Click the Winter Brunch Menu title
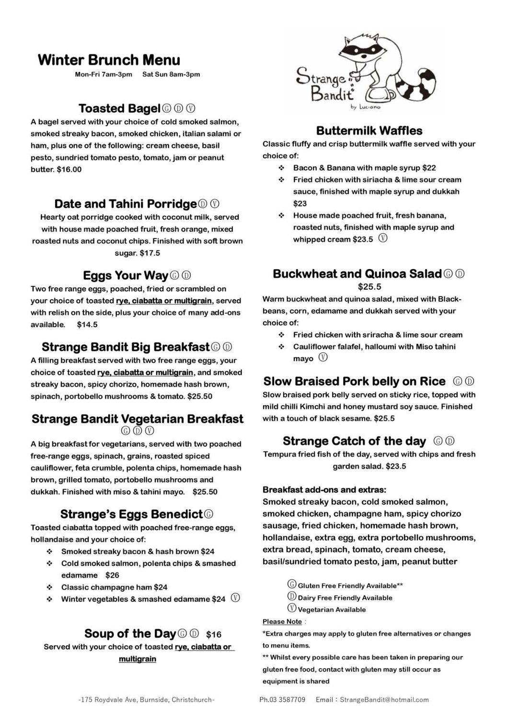[x=109, y=60]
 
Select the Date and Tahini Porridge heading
[x=126, y=204]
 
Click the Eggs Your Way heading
[x=125, y=275]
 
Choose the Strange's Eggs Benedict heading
[x=131, y=515]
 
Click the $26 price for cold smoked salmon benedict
[x=112, y=575]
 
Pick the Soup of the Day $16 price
[x=214, y=634]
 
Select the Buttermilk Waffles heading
[x=369, y=130]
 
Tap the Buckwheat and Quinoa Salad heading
[x=357, y=274]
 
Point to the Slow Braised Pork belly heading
[x=354, y=381]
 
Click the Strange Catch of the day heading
[x=354, y=441]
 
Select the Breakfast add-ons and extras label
[x=324, y=490]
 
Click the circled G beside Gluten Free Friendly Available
[x=292, y=585]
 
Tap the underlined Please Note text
[x=282, y=622]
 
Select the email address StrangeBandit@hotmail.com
[x=384, y=699]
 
